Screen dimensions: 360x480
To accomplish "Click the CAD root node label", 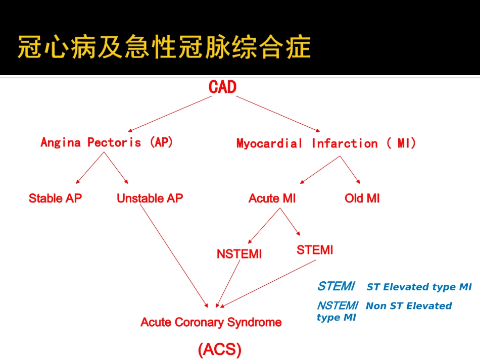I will (x=222, y=87).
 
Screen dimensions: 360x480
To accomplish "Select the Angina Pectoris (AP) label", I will (x=107, y=142).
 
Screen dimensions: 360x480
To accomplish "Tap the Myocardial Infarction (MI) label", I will (x=326, y=143).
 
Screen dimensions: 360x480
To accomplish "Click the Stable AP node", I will (x=55, y=198).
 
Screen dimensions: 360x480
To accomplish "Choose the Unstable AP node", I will (x=150, y=198).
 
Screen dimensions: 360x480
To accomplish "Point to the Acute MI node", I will (x=272, y=198).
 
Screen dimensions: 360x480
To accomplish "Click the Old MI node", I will (x=362, y=198).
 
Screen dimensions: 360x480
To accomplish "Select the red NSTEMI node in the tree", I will (x=239, y=254).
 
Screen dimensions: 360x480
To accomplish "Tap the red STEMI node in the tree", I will (x=315, y=250).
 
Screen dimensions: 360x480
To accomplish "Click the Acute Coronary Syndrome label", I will (x=211, y=322).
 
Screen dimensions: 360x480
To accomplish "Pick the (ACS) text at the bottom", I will (x=219, y=349).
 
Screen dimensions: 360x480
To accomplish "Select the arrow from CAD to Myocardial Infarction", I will (x=278, y=114).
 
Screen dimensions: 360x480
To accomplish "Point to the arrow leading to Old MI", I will (x=350, y=170).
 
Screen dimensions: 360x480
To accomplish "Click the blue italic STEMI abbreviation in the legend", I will (x=336, y=286).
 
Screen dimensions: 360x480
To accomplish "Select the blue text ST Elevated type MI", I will (x=419, y=287).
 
